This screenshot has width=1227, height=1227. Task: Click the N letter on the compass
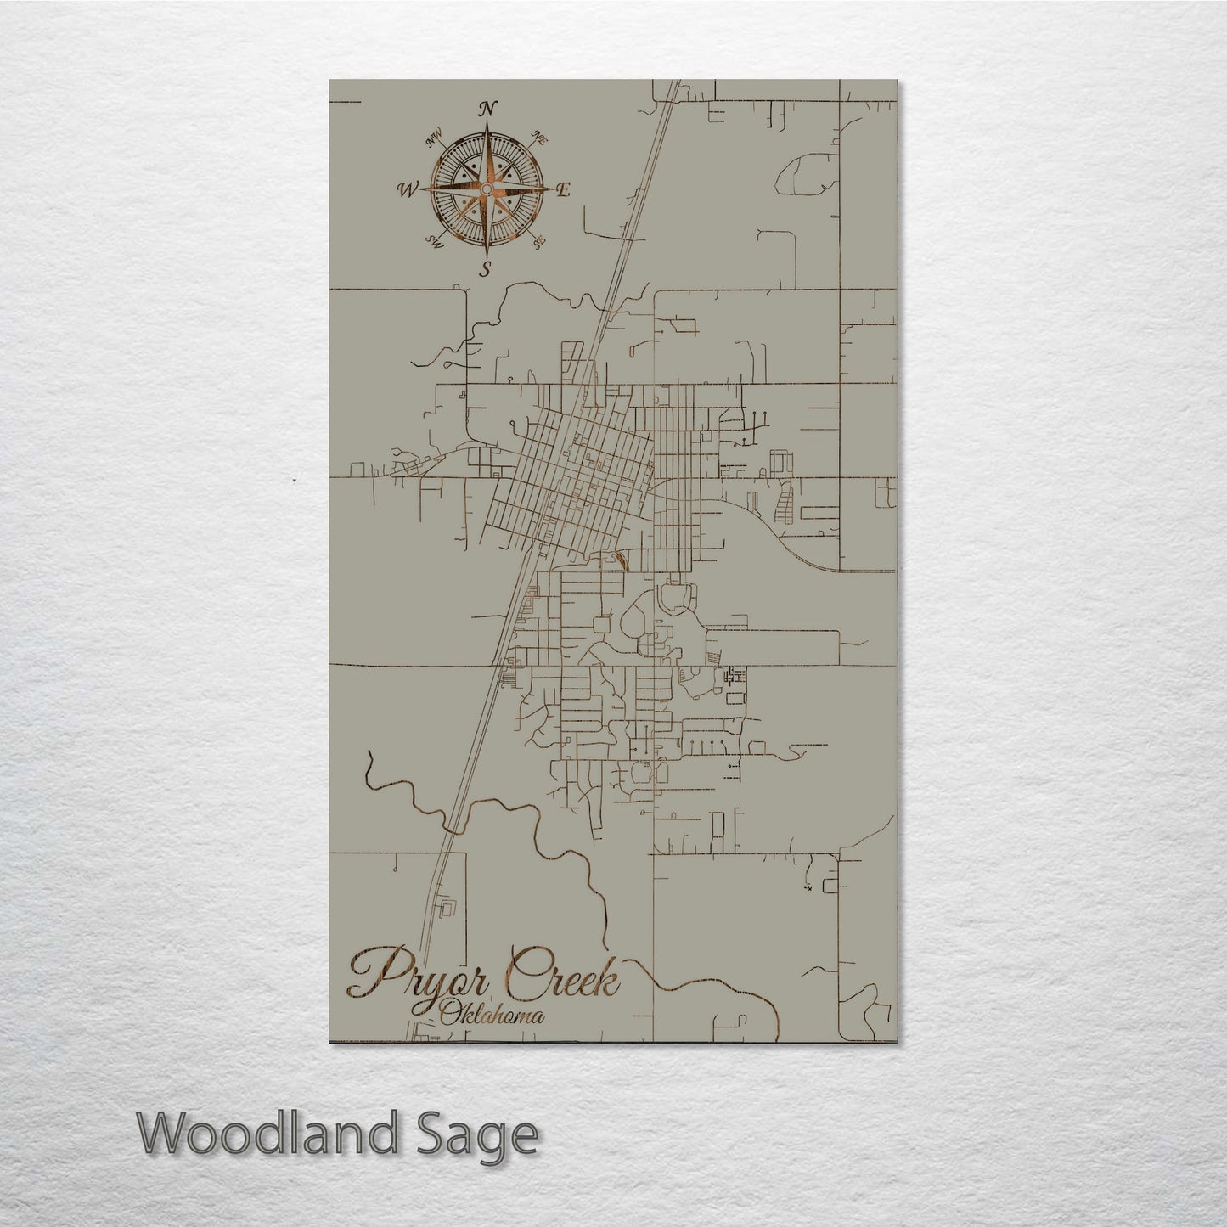pos(487,109)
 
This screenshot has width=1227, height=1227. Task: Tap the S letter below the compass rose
pos(486,271)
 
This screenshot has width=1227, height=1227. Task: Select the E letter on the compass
pos(562,190)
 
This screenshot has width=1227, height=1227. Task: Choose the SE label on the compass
pos(538,242)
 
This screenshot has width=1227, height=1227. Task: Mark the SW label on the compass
pos(436,242)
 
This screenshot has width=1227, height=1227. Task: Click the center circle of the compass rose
pos(487,189)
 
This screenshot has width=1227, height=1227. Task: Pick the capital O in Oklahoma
pos(447,1014)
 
